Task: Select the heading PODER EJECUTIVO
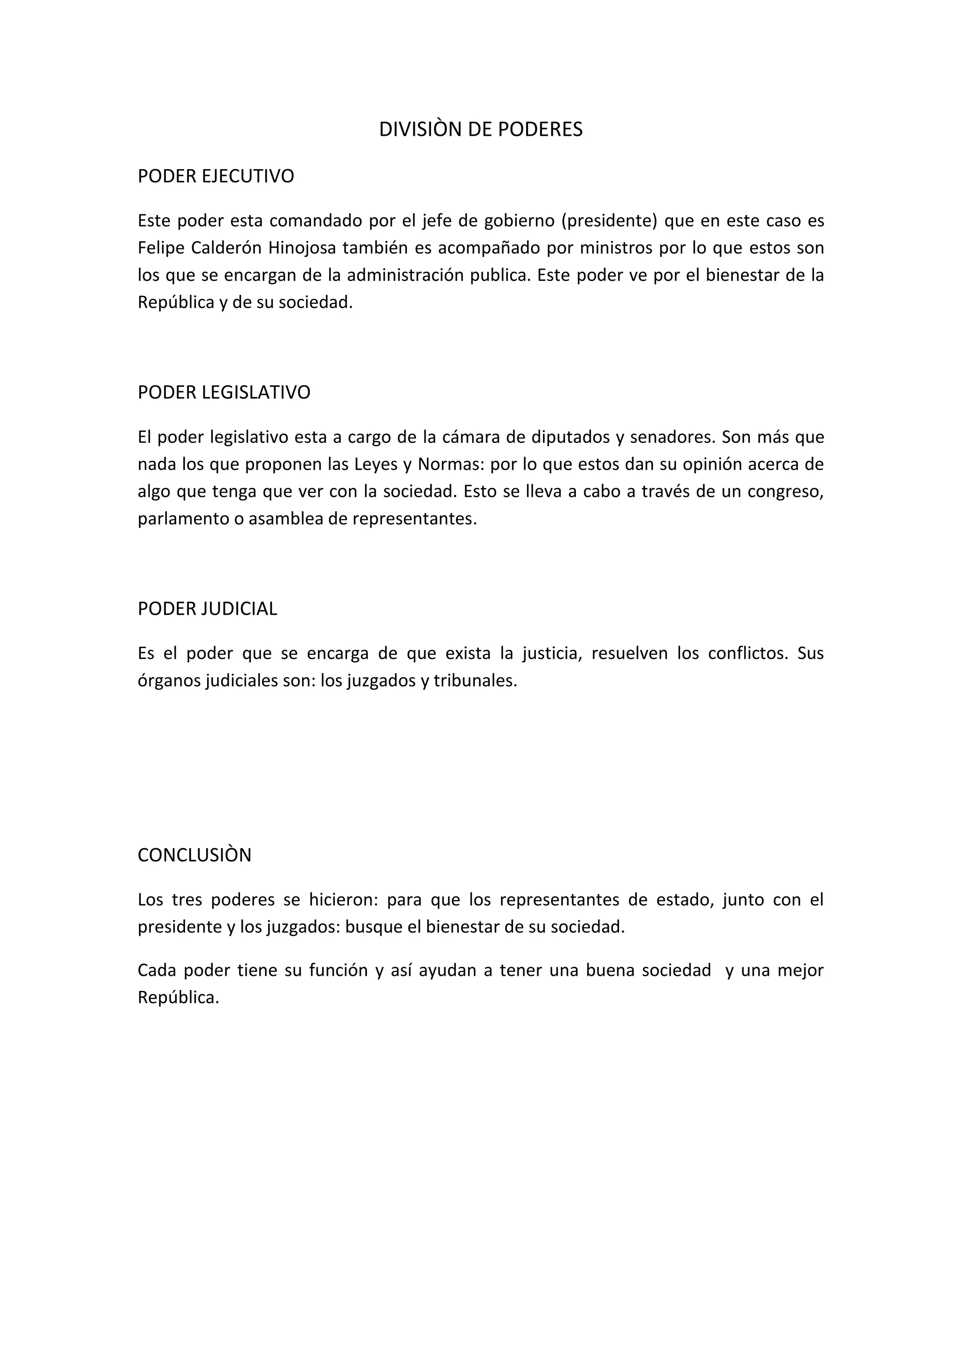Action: [216, 177]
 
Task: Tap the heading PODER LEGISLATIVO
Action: [224, 393]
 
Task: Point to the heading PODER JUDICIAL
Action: [207, 609]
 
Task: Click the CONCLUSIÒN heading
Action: [194, 855]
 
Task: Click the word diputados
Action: [570, 437]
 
